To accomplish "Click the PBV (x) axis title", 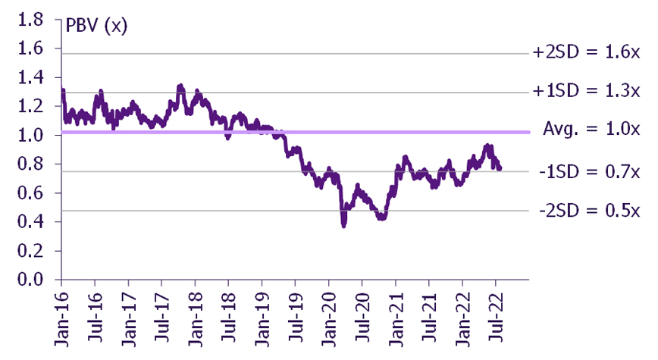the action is pyautogui.click(x=96, y=27).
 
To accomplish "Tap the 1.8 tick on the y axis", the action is pyautogui.click(x=30, y=19).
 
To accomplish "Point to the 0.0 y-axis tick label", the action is pyautogui.click(x=30, y=280).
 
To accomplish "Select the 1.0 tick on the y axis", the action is pyautogui.click(x=30, y=135).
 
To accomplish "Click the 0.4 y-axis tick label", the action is pyautogui.click(x=30, y=221).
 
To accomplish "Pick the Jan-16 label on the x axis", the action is pyautogui.click(x=61, y=320).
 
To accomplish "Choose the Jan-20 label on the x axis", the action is pyautogui.click(x=329, y=320).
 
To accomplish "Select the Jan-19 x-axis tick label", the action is pyautogui.click(x=262, y=320).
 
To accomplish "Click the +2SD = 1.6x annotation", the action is pyautogui.click(x=586, y=52).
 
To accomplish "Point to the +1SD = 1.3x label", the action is pyautogui.click(x=586, y=91).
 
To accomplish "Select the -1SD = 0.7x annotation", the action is pyautogui.click(x=590, y=171).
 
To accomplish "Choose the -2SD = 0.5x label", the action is pyautogui.click(x=590, y=210).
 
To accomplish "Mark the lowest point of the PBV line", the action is pyautogui.click(x=343, y=226).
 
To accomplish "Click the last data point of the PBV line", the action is pyautogui.click(x=500, y=168).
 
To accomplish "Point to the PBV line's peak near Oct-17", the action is pyautogui.click(x=180, y=86).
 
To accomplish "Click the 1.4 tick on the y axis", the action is pyautogui.click(x=30, y=77).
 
